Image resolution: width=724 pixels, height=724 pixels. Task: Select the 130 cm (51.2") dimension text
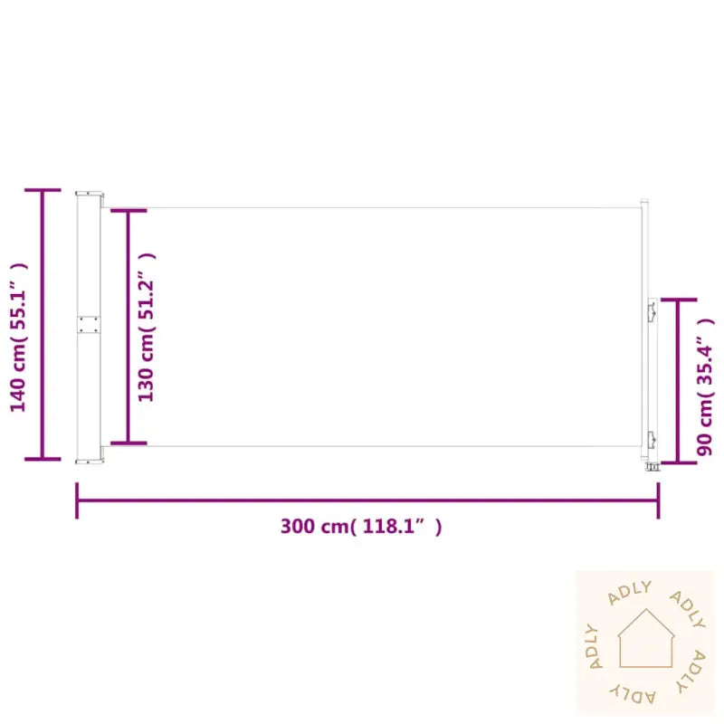pyautogui.click(x=147, y=326)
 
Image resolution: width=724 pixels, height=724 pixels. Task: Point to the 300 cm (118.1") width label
pyautogui.click(x=361, y=527)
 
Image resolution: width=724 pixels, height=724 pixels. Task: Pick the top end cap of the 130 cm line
pyautogui.click(x=129, y=212)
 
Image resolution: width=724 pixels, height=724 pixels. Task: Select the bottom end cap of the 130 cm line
pyautogui.click(x=129, y=443)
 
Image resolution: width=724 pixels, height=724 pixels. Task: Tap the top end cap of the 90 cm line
pyautogui.click(x=678, y=300)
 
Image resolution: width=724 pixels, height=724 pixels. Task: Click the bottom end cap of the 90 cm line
pyautogui.click(x=678, y=462)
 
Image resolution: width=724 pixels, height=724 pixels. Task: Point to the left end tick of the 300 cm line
pyautogui.click(x=77, y=500)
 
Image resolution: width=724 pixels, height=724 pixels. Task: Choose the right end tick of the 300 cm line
pyautogui.click(x=658, y=500)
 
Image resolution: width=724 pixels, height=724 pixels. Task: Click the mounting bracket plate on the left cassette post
pyautogui.click(x=89, y=325)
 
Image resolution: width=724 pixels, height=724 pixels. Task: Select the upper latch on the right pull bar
pyautogui.click(x=651, y=310)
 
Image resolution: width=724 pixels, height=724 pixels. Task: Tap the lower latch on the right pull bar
pyautogui.click(x=651, y=440)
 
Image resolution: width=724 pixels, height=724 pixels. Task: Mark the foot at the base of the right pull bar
pyautogui.click(x=651, y=466)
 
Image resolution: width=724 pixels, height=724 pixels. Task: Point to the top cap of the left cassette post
pyautogui.click(x=89, y=193)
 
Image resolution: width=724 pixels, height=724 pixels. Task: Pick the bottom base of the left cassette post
pyautogui.click(x=89, y=459)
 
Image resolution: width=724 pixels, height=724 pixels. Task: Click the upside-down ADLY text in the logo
pyautogui.click(x=633, y=692)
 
